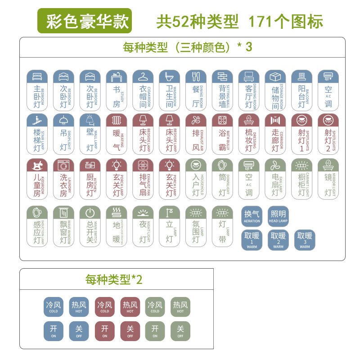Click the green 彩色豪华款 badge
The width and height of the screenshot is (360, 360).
pyautogui.click(x=85, y=21)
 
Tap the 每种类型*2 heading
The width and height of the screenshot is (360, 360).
pyautogui.click(x=114, y=279)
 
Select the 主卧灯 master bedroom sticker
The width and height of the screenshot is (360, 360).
pyautogui.click(x=37, y=90)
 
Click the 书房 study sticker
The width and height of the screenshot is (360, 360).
pyautogui.click(x=117, y=90)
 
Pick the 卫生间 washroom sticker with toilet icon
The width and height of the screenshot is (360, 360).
pyautogui.click(x=170, y=90)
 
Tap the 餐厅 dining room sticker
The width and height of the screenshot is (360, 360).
pyautogui.click(x=196, y=90)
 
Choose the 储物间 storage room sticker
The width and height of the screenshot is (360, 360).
pyautogui.click(x=275, y=90)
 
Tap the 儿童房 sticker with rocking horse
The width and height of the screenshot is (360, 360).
pyautogui.click(x=37, y=178)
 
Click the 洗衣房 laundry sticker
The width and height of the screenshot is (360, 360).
pyautogui.click(x=63, y=178)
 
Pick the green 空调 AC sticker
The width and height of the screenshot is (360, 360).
pyautogui.click(x=249, y=178)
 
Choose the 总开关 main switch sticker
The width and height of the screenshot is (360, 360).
pyautogui.click(x=90, y=226)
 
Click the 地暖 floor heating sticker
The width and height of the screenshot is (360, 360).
pyautogui.click(x=117, y=226)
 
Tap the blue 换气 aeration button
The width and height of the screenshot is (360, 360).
pyautogui.click(x=252, y=216)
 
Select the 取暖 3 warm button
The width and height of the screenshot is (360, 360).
pyautogui.click(x=305, y=240)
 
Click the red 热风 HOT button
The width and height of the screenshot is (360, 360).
pyautogui.click(x=130, y=307)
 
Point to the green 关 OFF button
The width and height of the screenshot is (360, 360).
pyautogui.click(x=180, y=331)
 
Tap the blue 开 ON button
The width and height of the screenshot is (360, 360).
pyautogui.click(x=54, y=331)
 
